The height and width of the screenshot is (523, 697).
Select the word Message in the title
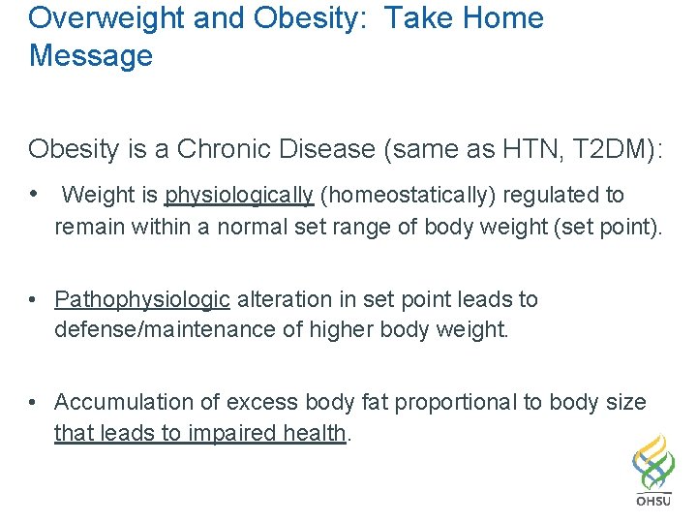[91, 55]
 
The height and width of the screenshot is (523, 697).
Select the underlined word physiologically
[239, 196]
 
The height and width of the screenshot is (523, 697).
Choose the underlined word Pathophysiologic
[142, 300]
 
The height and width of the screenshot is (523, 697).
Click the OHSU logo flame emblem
[654, 463]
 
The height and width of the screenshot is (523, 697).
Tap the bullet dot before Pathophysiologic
[34, 300]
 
